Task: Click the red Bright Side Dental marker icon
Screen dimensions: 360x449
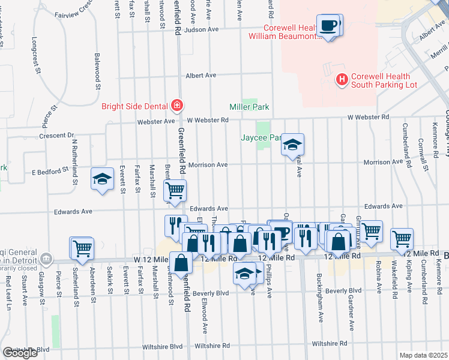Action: pos(176,107)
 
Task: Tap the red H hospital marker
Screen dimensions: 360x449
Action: pos(342,79)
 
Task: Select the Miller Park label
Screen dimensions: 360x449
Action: pos(249,107)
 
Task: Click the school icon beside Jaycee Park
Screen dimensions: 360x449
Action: pos(292,145)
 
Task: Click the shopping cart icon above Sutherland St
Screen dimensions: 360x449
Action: pos(82,247)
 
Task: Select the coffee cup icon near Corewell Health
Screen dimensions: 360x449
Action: pos(328,26)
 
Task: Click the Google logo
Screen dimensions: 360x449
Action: pos(20,353)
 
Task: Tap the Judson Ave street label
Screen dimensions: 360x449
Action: pos(201,29)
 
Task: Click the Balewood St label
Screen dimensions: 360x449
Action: pos(97,71)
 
